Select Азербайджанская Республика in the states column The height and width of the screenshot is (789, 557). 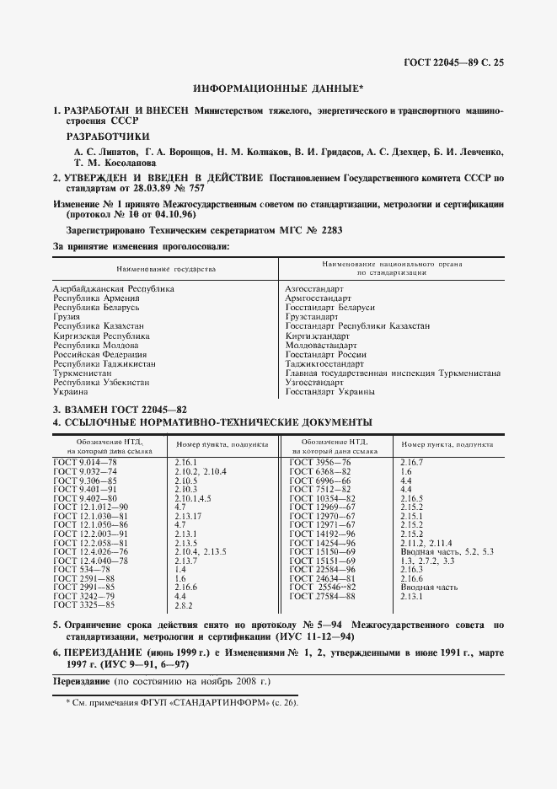tap(113, 288)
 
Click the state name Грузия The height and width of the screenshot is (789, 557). tap(68, 316)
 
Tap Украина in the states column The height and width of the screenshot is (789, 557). tap(70, 391)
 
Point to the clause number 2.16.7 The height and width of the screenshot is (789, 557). tap(413, 463)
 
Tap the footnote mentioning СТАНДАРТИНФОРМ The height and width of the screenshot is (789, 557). tap(182, 702)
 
